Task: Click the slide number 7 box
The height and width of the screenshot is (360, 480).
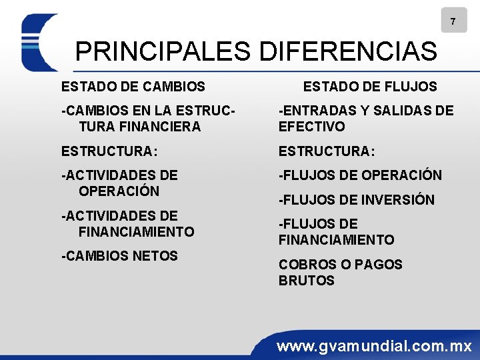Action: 453,21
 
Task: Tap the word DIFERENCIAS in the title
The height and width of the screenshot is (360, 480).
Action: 347,51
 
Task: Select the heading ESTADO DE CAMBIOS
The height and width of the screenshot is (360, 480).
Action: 133,86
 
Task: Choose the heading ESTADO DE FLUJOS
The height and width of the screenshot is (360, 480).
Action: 370,86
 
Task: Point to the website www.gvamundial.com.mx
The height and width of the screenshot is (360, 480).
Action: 374,346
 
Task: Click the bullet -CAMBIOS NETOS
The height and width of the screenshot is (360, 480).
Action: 119,256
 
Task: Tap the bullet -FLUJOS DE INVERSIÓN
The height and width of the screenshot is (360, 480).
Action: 356,199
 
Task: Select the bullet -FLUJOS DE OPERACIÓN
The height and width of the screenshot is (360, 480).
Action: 360,175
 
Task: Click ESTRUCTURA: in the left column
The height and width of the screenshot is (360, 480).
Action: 109,151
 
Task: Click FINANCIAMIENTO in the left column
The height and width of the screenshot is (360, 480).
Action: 136,232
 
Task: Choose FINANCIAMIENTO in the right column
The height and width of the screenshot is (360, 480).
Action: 337,240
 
